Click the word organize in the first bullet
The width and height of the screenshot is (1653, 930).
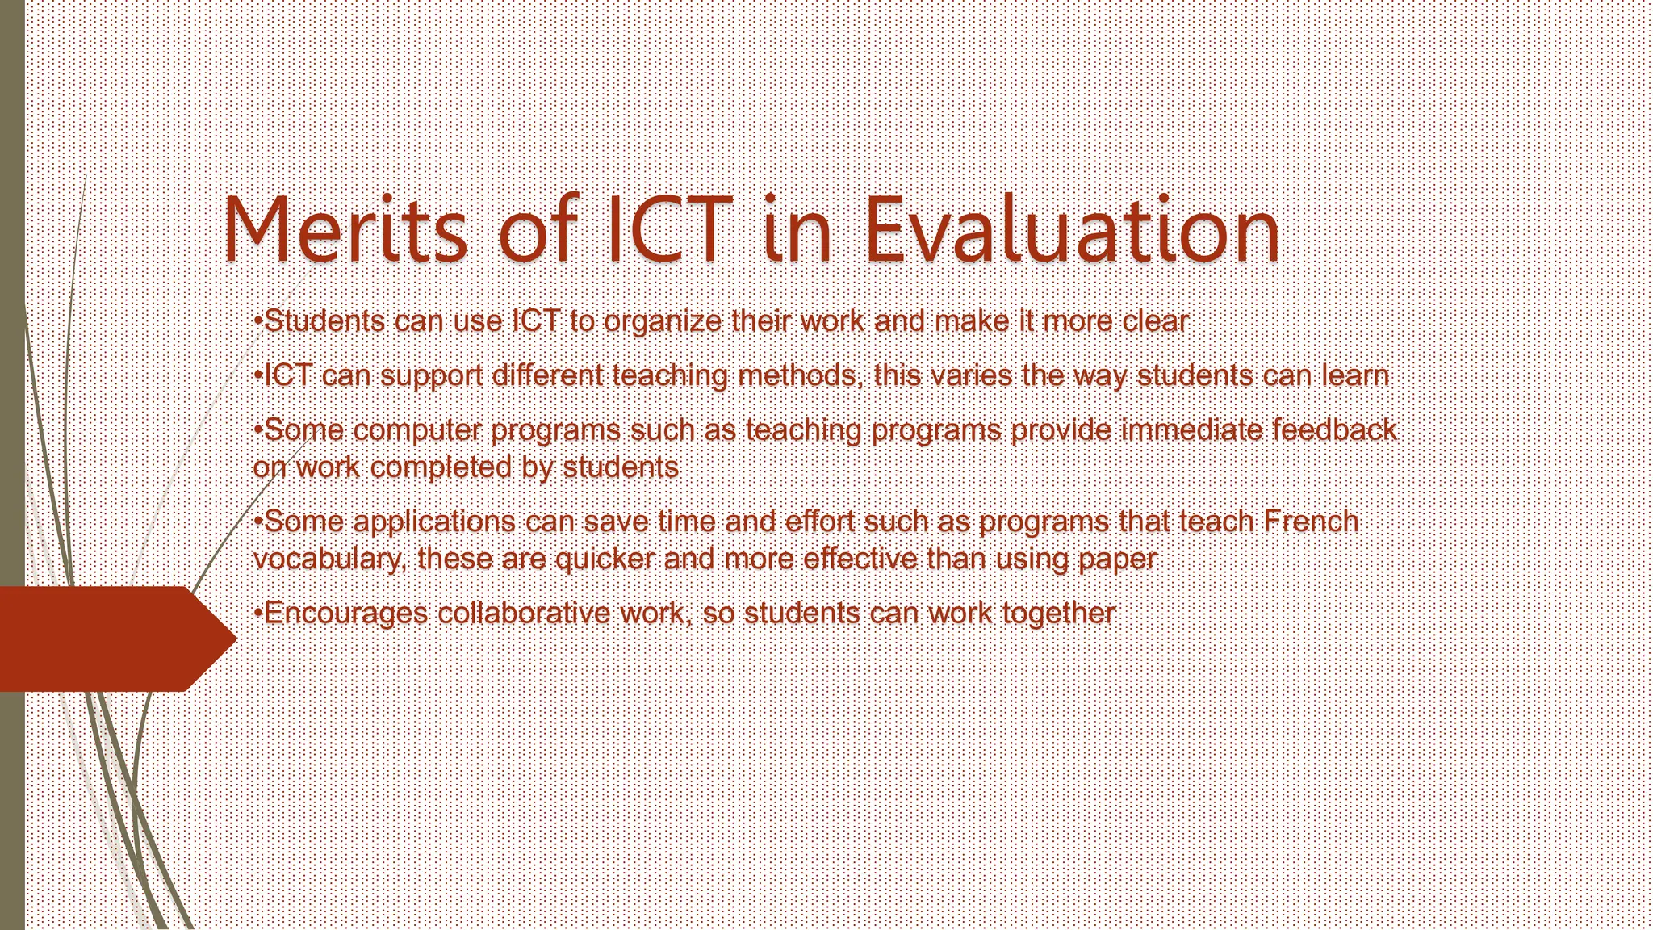pyautogui.click(x=663, y=322)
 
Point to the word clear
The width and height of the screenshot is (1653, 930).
pyautogui.click(x=1155, y=321)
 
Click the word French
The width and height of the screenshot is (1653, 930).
pyautogui.click(x=1311, y=522)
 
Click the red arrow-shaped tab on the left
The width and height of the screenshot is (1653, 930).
pyautogui.click(x=113, y=639)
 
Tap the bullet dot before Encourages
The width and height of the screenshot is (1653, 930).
pyautogui.click(x=257, y=613)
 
